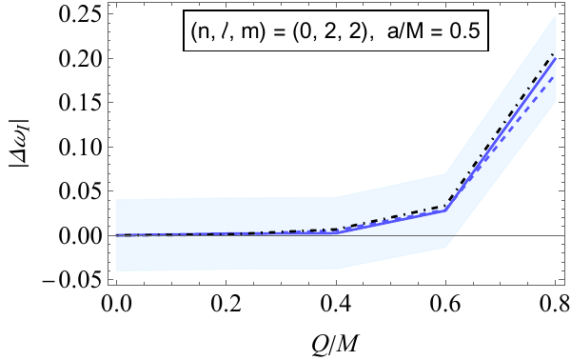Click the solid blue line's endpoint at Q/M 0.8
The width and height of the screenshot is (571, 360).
pyautogui.click(x=555, y=59)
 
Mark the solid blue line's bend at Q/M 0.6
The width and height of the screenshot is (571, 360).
pyautogui.click(x=445, y=210)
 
